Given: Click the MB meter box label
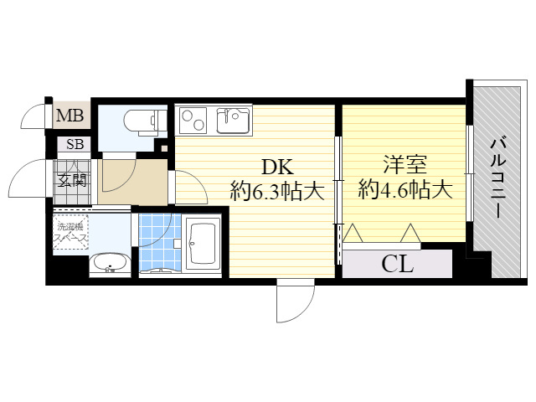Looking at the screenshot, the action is pyautogui.click(x=70, y=116).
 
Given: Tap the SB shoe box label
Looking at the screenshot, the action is pyautogui.click(x=75, y=144).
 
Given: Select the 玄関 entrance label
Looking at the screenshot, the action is pyautogui.click(x=71, y=180).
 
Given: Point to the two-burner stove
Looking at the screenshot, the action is pyautogui.click(x=193, y=121).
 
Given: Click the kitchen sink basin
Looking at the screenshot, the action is pyautogui.click(x=233, y=121).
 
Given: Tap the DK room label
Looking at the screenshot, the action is pyautogui.click(x=277, y=167).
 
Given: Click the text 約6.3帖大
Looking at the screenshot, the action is pyautogui.click(x=277, y=192).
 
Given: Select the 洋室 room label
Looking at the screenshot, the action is pyautogui.click(x=405, y=164).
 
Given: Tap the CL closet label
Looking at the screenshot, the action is pyautogui.click(x=397, y=265).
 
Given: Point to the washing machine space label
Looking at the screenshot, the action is pyautogui.click(x=71, y=232).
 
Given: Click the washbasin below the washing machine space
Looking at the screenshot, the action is pyautogui.click(x=110, y=263).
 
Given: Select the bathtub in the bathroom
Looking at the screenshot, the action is pyautogui.click(x=203, y=243).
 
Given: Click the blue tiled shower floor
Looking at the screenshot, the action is pyautogui.click(x=160, y=242).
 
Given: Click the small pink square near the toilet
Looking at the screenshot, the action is pyautogui.click(x=164, y=149).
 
